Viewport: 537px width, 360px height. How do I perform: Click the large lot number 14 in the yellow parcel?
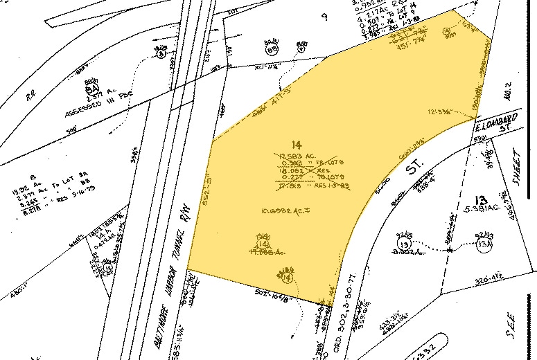298,145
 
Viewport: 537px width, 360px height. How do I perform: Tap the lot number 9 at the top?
324,17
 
